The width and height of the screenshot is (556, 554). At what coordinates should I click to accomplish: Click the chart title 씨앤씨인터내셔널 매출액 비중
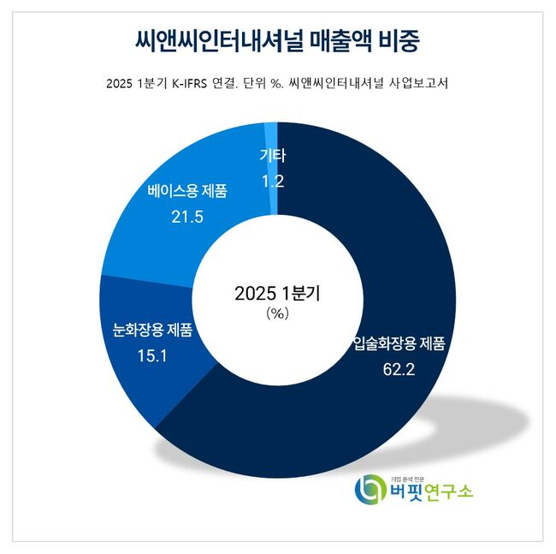(x=278, y=39)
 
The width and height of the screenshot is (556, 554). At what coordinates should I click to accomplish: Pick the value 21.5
(x=186, y=217)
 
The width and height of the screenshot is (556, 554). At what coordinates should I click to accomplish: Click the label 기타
(x=271, y=157)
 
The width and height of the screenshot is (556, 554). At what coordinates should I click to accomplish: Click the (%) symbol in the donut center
(x=278, y=313)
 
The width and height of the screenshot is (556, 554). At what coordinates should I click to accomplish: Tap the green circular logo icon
(x=370, y=490)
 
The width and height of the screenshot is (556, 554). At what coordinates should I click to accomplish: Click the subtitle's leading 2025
(x=121, y=84)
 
